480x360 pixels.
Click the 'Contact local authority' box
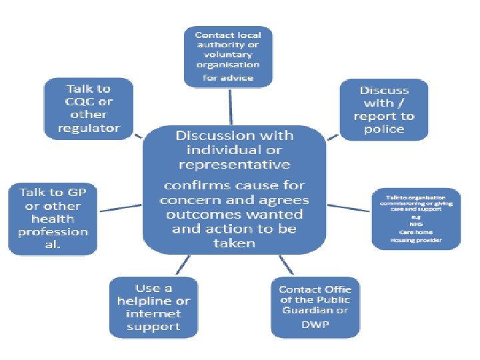coord(228,56)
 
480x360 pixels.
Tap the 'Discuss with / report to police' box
coord(384,109)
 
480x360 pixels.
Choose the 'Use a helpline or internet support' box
coord(154,307)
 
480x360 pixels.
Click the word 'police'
coord(384,129)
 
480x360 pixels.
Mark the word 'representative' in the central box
coord(234,163)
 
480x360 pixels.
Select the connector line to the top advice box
coord(231,106)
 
